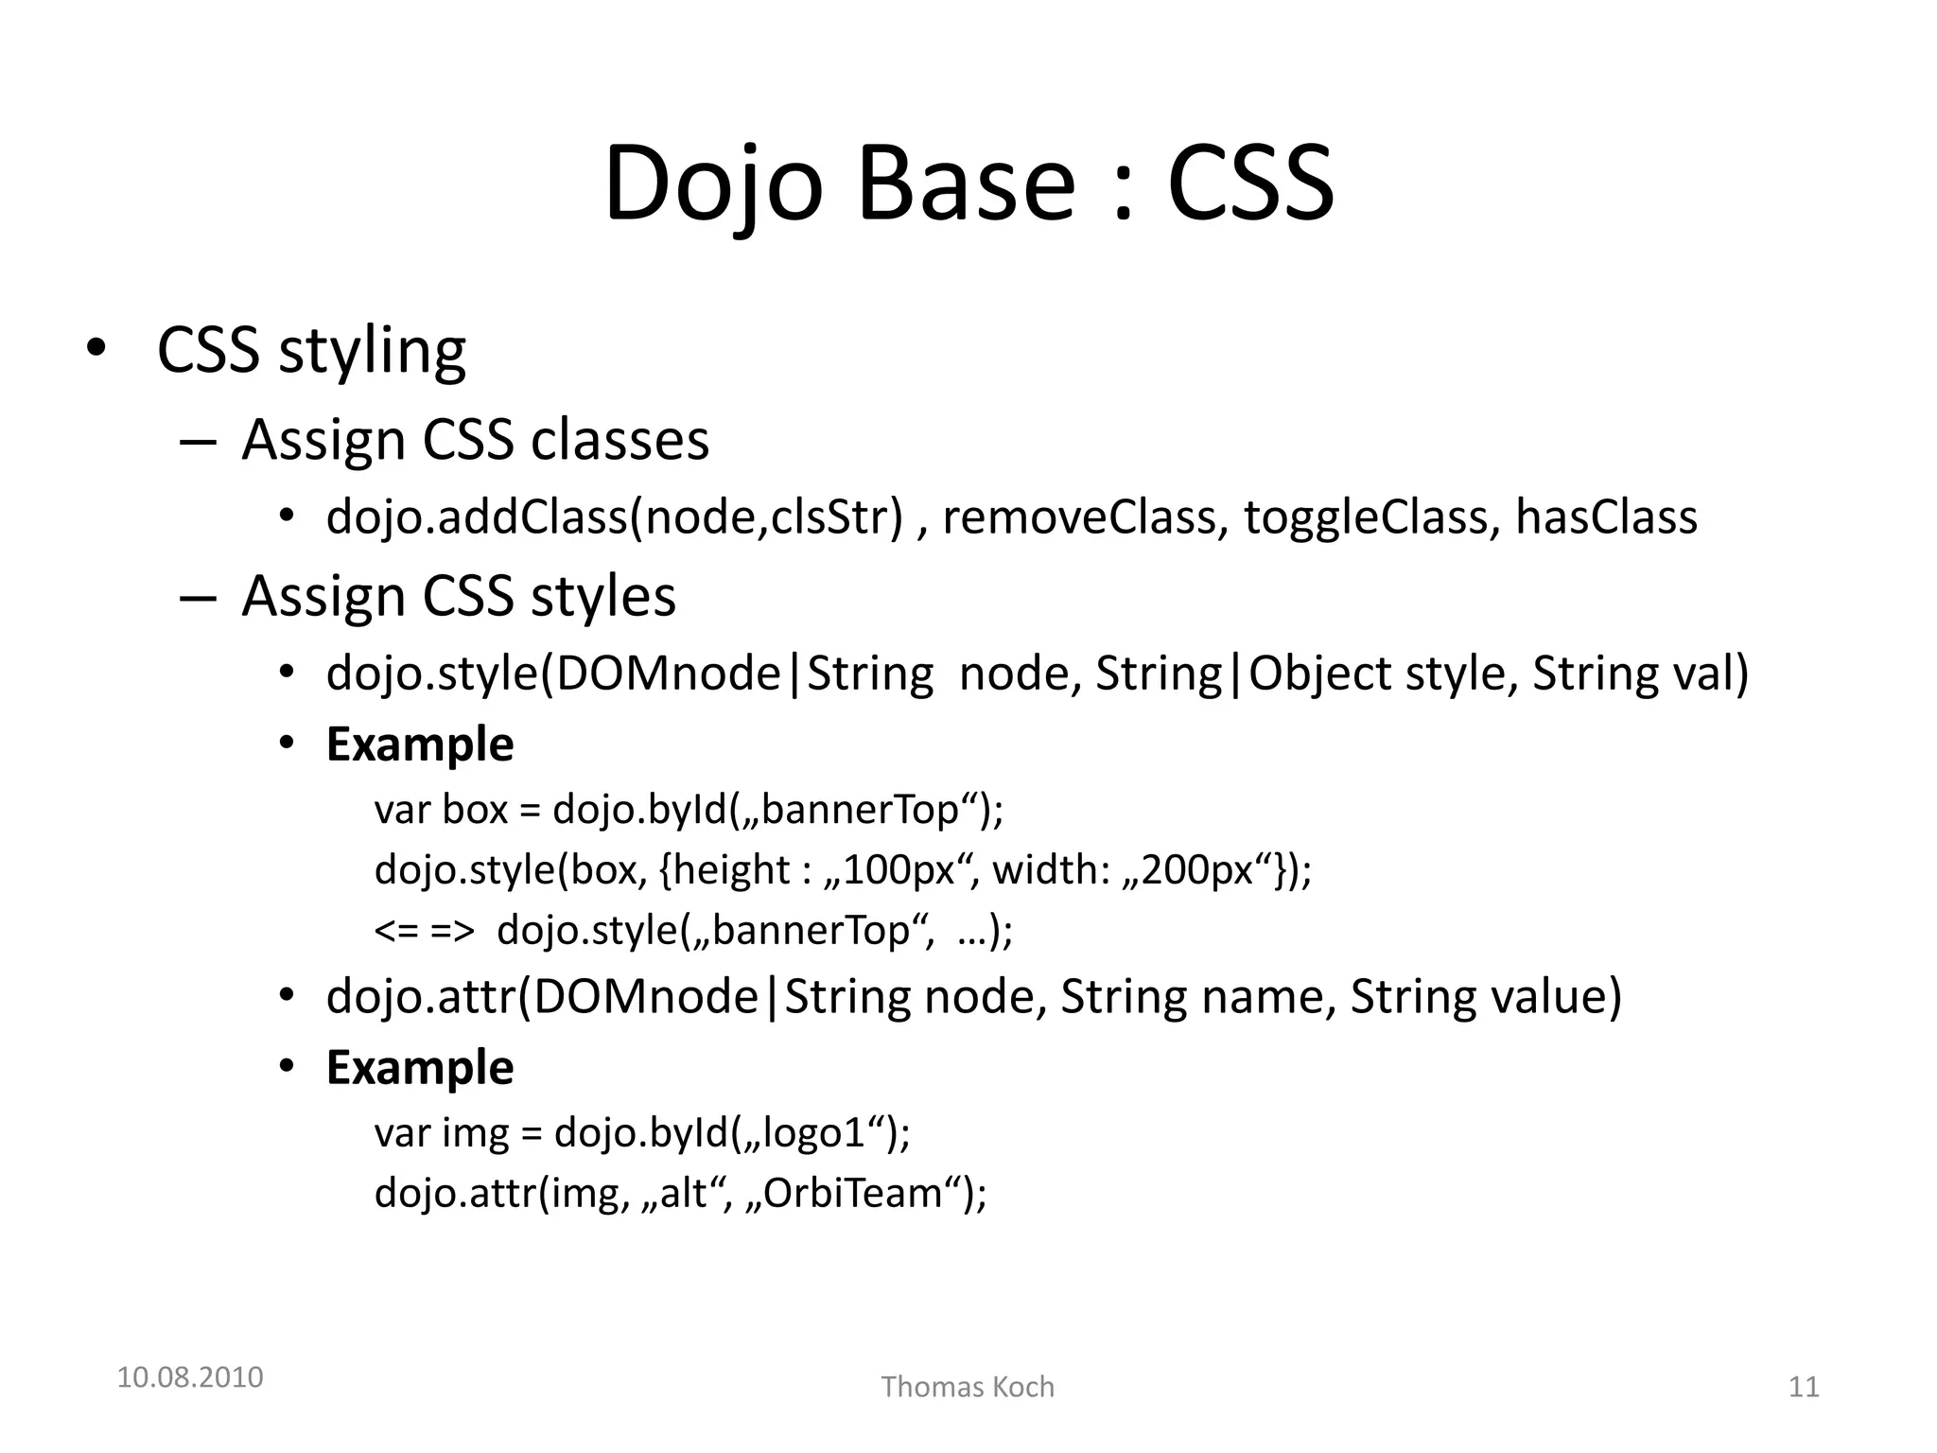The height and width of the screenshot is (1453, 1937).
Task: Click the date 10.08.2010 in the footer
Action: pyautogui.click(x=190, y=1377)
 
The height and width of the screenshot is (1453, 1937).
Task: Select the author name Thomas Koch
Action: pyautogui.click(x=968, y=1387)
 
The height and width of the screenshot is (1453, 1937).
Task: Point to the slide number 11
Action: pyautogui.click(x=1804, y=1387)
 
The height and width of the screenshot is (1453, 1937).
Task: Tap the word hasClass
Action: pyautogui.click(x=1606, y=517)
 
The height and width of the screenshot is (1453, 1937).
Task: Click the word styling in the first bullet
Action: pyautogui.click(x=372, y=352)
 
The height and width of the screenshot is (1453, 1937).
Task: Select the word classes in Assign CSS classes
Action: pyautogui.click(x=619, y=441)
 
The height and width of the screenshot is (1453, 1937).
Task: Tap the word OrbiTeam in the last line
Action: pyautogui.click(x=852, y=1194)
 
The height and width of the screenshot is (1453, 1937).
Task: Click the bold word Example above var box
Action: pyautogui.click(x=420, y=744)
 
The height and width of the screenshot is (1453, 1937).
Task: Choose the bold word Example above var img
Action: pyautogui.click(x=420, y=1068)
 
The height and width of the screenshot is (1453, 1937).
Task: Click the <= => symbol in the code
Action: pyautogui.click(x=424, y=931)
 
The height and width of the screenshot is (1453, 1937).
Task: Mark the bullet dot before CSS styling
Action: pyautogui.click(x=95, y=350)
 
